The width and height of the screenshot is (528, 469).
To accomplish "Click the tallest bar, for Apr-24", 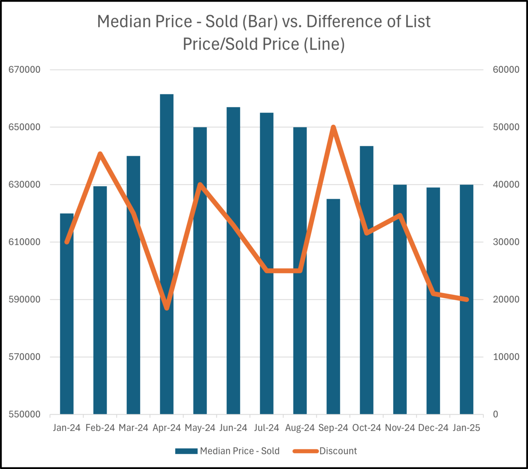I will point(167,253).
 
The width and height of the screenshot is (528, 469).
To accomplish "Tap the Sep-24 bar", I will point(333,306).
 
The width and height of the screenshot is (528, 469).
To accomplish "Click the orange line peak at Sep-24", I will point(333,127).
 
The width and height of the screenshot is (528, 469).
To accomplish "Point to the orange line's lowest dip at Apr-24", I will point(167,308).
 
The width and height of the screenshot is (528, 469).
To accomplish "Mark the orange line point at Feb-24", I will point(100,154).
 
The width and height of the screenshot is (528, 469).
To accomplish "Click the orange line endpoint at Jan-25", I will point(467,299).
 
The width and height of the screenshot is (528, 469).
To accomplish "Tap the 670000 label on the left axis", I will point(25,70).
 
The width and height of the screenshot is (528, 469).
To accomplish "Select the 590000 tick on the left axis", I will point(25,299).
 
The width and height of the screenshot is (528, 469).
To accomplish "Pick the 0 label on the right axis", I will point(496,415).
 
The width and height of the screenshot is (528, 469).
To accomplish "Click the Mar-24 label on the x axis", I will point(133,428).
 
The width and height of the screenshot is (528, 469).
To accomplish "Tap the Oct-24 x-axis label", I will point(367,428).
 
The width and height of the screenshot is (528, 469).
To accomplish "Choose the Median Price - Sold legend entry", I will point(239,451).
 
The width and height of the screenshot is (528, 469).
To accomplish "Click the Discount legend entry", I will point(338,451).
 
